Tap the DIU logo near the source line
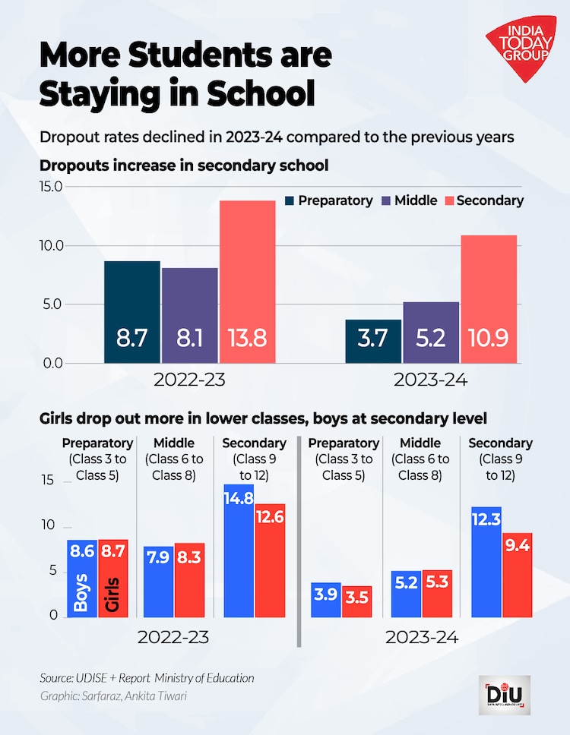[504, 694]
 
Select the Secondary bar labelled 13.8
[247, 282]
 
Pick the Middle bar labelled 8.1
[189, 315]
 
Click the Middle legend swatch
[387, 201]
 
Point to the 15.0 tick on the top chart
[46, 187]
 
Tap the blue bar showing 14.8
[239, 550]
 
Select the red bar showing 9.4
[517, 574]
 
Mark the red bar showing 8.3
[190, 579]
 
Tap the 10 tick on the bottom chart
[50, 525]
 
